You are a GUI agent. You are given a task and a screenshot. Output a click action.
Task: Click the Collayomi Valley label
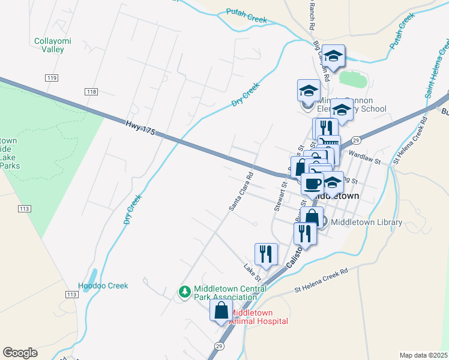click(49, 45)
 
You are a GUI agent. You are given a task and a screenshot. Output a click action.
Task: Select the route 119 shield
click(51, 78)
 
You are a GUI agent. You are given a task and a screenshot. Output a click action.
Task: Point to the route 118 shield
click(91, 92)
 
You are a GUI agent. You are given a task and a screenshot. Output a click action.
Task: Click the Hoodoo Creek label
click(103, 286)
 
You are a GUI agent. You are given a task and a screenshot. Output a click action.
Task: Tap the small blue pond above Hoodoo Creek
click(89, 275)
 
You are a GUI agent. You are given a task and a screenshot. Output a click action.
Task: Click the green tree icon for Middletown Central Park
click(185, 292)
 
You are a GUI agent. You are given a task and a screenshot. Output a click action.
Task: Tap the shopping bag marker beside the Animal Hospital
click(221, 311)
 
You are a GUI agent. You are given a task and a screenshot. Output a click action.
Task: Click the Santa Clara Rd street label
click(241, 192)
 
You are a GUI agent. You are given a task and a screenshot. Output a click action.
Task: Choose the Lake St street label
click(252, 272)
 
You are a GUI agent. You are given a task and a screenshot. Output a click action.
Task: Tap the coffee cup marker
click(312, 184)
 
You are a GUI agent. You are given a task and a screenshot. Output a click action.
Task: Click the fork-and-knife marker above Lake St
click(266, 254)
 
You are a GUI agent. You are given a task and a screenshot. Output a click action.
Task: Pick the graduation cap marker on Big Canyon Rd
click(333, 56)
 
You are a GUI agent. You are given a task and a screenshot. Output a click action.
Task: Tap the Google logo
click(20, 353)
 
